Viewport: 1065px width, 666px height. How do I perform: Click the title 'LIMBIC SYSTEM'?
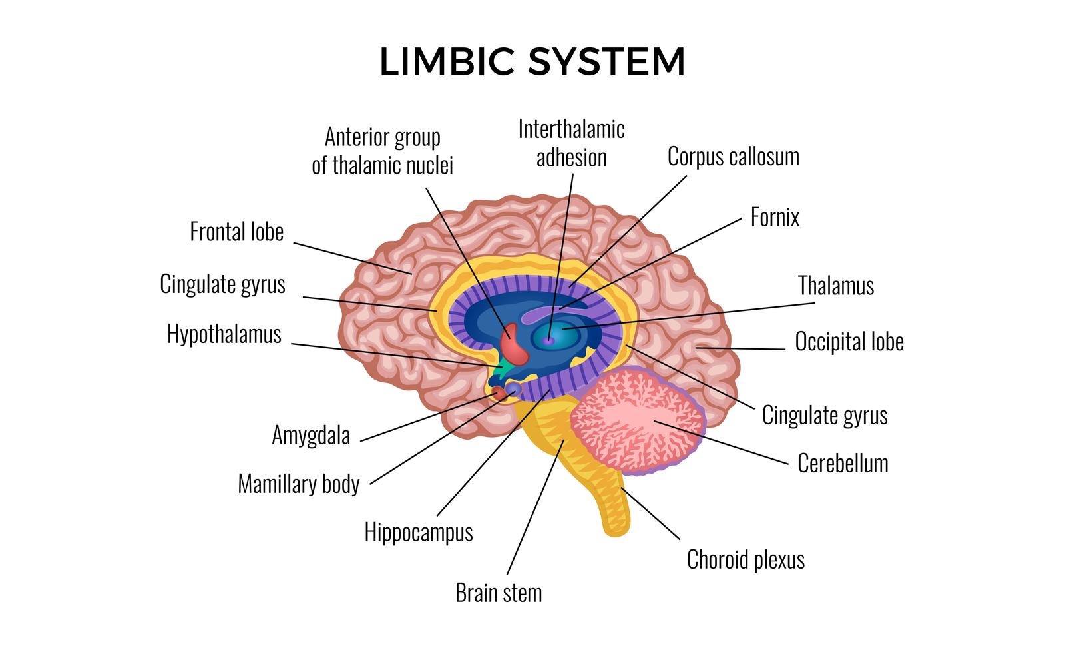(532, 62)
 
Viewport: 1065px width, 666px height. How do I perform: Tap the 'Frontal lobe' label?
(237, 232)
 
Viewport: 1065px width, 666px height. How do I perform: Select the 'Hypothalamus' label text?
(224, 334)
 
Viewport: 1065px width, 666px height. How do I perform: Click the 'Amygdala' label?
(311, 436)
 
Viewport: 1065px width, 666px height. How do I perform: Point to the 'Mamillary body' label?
(299, 484)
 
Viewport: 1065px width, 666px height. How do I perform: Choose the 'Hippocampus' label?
(419, 532)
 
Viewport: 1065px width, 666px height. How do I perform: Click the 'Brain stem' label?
(499, 593)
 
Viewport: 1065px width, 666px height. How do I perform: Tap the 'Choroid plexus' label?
(745, 560)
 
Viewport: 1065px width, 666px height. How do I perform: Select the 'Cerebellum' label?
(843, 464)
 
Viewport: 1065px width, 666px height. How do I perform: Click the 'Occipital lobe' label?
(849, 342)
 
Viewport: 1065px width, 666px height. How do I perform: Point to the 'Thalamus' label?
(836, 286)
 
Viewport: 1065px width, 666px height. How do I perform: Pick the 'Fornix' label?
(775, 218)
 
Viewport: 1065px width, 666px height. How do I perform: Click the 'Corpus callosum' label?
(734, 157)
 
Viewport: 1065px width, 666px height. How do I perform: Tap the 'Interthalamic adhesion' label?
(572, 143)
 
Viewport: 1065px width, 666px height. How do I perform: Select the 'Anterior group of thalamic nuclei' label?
(383, 151)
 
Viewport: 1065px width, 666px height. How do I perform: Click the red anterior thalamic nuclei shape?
(513, 344)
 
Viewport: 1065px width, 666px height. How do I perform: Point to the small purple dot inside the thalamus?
(549, 340)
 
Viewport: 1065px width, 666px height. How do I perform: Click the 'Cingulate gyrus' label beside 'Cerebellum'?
(825, 416)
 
